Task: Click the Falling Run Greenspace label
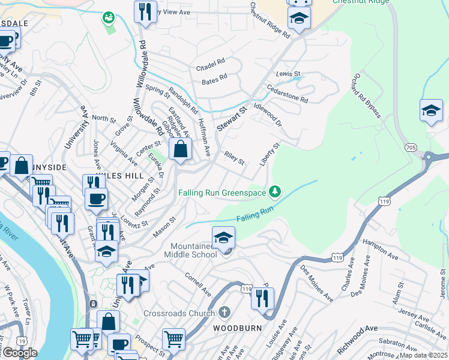point(223,193)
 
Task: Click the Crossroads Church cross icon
point(224,313)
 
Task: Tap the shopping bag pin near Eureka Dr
point(180,150)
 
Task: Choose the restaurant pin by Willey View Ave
point(145,13)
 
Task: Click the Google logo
point(19,353)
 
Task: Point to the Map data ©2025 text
point(423,355)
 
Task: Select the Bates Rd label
point(215,78)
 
